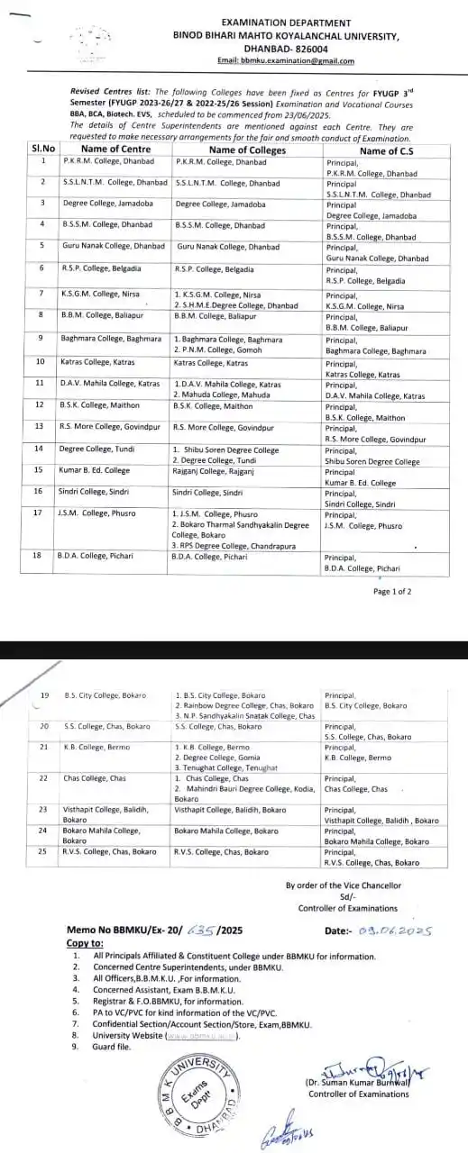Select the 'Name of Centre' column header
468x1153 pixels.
[115, 150]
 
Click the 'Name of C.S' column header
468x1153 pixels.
[387, 150]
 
